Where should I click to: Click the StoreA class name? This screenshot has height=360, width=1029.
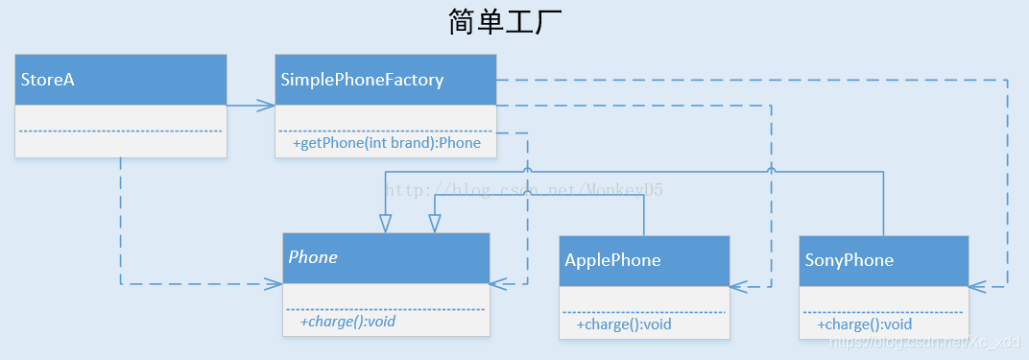coord(48,80)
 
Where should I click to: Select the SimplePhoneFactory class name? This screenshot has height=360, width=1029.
coord(362,80)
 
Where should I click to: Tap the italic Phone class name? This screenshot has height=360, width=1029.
coord(313,257)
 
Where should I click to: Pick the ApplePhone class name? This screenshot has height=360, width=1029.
coord(612,260)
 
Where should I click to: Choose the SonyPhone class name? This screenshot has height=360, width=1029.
coord(850,260)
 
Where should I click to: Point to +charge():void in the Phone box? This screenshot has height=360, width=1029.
coord(347,322)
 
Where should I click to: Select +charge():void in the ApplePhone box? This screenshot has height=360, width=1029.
coord(624,324)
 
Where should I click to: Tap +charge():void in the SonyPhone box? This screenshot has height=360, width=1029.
coord(865,324)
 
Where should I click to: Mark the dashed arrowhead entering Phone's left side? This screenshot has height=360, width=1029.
coord(274,284)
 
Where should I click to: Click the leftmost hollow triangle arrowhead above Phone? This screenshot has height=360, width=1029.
coord(385,223)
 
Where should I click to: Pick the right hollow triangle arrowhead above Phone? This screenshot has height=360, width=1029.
coord(435,223)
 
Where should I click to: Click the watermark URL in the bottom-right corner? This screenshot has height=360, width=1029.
coord(926,343)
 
